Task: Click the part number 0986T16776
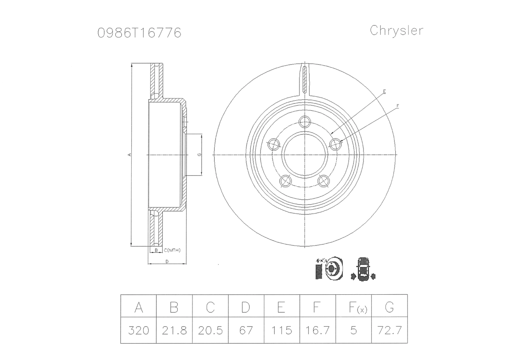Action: pyautogui.click(x=139, y=33)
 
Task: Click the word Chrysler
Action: pyautogui.click(x=396, y=31)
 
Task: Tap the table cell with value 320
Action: pyautogui.click(x=138, y=330)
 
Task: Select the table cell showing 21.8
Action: pyautogui.click(x=174, y=330)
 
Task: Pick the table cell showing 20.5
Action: pyautogui.click(x=210, y=330)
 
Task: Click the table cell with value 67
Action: pyautogui.click(x=246, y=330)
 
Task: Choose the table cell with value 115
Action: pyautogui.click(x=282, y=330)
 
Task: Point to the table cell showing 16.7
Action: pyautogui.click(x=318, y=330)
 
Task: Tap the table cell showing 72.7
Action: pyautogui.click(x=389, y=330)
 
